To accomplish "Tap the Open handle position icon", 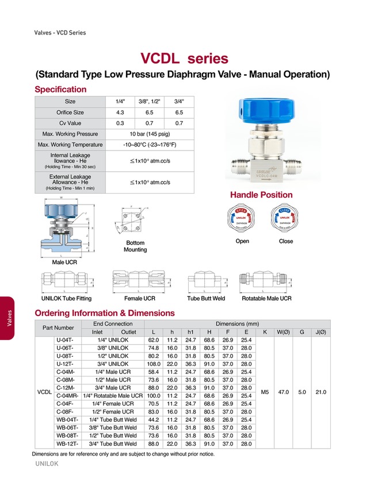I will tap(242, 219).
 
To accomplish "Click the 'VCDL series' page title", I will tap(184, 59).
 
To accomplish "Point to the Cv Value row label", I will tap(69, 123).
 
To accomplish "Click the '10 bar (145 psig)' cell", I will tap(149, 134).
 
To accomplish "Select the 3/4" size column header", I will tap(179, 102).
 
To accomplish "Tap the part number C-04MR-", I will tap(68, 396).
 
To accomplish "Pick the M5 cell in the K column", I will tap(265, 392).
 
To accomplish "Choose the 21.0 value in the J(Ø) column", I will tap(320, 392).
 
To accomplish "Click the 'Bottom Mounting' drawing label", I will tap(135, 246).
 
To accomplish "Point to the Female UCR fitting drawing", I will tap(140, 282).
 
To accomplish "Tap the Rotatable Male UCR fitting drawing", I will tap(266, 282).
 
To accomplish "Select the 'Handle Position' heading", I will tap(261, 195).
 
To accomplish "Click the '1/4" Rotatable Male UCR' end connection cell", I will tap(113, 396).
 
